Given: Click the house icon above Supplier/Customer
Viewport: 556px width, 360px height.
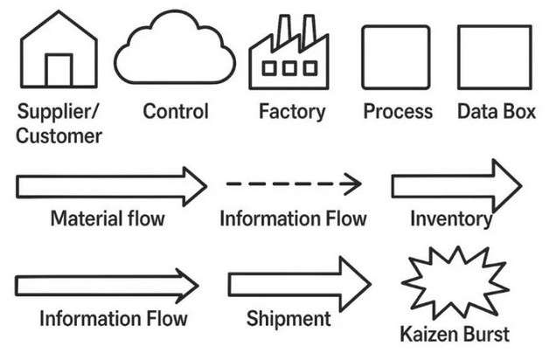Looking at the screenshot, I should coord(59,52).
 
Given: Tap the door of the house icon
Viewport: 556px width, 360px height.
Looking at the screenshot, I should coord(59,71).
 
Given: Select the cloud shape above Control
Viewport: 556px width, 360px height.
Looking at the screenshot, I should coord(175,51).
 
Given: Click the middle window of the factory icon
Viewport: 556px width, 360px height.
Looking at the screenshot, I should coord(288,67).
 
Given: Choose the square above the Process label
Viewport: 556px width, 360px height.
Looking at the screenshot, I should coord(396,57).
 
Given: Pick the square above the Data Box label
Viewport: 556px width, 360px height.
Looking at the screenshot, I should coord(495,57).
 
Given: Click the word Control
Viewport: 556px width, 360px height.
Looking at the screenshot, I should coord(176,112).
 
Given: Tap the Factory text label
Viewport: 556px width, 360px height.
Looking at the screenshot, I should coord(292,112).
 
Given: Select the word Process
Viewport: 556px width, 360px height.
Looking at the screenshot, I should coord(398,112).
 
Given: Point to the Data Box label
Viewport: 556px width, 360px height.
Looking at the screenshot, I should coord(496,112).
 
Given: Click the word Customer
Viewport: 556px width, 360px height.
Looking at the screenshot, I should coord(59,136).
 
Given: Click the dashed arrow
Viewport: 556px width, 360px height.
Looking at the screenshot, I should coord(294,184).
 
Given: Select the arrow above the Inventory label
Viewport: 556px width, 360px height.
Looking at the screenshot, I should coord(455,185).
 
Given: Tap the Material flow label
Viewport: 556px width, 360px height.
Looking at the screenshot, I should coord(108,218).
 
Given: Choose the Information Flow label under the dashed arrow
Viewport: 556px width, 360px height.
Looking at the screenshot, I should coord(293,218).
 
